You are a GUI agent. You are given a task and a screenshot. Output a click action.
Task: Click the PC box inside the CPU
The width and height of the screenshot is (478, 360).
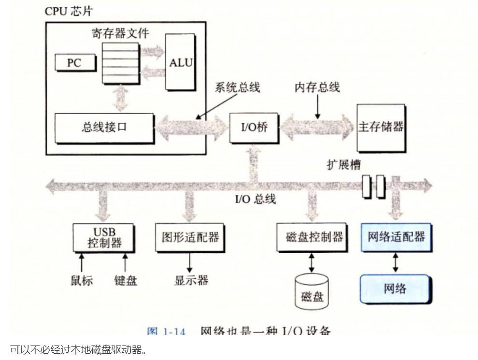(x=74, y=62)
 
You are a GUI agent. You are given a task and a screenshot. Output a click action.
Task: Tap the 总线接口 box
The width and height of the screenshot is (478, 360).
(x=104, y=128)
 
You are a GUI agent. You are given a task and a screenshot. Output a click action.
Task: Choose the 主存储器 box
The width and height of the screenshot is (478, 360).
(x=381, y=128)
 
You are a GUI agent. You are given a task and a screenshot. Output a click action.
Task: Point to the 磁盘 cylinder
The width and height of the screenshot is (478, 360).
(x=311, y=292)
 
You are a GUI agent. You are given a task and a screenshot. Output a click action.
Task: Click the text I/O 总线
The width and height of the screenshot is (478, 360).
(x=253, y=198)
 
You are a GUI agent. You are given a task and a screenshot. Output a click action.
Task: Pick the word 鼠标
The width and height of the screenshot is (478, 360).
(x=82, y=280)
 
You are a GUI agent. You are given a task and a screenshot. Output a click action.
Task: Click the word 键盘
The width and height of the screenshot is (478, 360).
(x=126, y=280)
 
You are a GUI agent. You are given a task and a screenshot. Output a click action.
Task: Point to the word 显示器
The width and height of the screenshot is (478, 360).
(x=191, y=280)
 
